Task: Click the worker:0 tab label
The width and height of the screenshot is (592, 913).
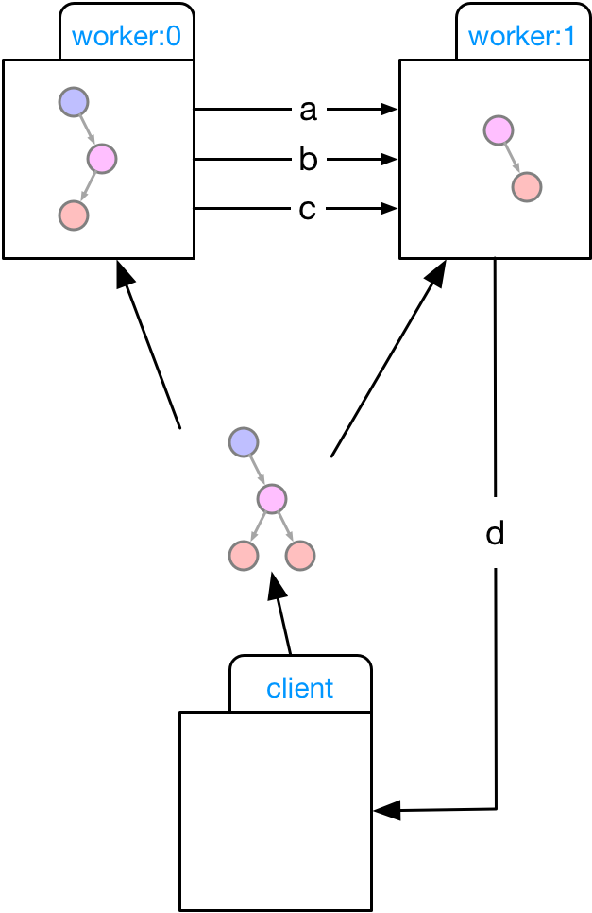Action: pos(127,38)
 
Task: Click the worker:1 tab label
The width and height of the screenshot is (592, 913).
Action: pos(522,38)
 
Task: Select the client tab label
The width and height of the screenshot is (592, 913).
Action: pos(300,688)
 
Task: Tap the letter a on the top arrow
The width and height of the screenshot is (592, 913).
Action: pos(307,111)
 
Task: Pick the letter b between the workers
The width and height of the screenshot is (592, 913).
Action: pos(307,160)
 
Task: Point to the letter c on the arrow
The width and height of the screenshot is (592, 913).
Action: pos(307,209)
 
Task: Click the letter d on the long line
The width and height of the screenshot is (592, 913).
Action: pos(495,534)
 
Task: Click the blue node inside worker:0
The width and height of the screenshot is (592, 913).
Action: pos(74,100)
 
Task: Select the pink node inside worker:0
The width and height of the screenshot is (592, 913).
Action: pos(102,158)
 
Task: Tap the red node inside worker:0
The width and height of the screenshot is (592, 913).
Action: pos(74,215)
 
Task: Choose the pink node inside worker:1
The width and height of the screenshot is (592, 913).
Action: pos(498,130)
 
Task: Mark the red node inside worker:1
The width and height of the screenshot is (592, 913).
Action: pos(527,187)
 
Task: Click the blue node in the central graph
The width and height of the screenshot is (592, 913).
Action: pos(244,441)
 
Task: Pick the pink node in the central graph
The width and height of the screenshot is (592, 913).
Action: pos(272,498)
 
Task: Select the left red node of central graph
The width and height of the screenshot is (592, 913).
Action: pos(244,556)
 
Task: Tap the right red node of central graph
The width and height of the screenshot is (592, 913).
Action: pos(300,556)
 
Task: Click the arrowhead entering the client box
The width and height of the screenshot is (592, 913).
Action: pos(385,810)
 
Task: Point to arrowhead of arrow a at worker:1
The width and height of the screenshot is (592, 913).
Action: pos(389,111)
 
